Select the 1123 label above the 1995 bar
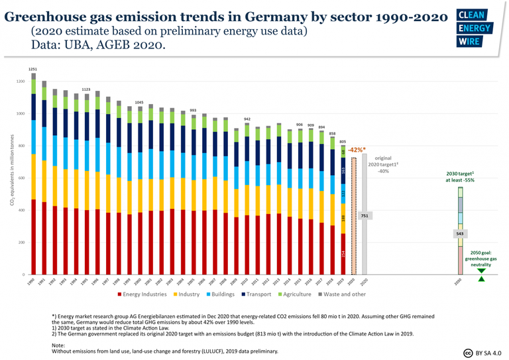(x=85, y=89)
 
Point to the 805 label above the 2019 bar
(x=343, y=141)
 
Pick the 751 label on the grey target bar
(x=365, y=216)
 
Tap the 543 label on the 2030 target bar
(x=460, y=234)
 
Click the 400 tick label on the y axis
(x=21, y=210)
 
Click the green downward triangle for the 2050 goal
(x=482, y=270)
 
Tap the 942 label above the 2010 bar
(x=247, y=119)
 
